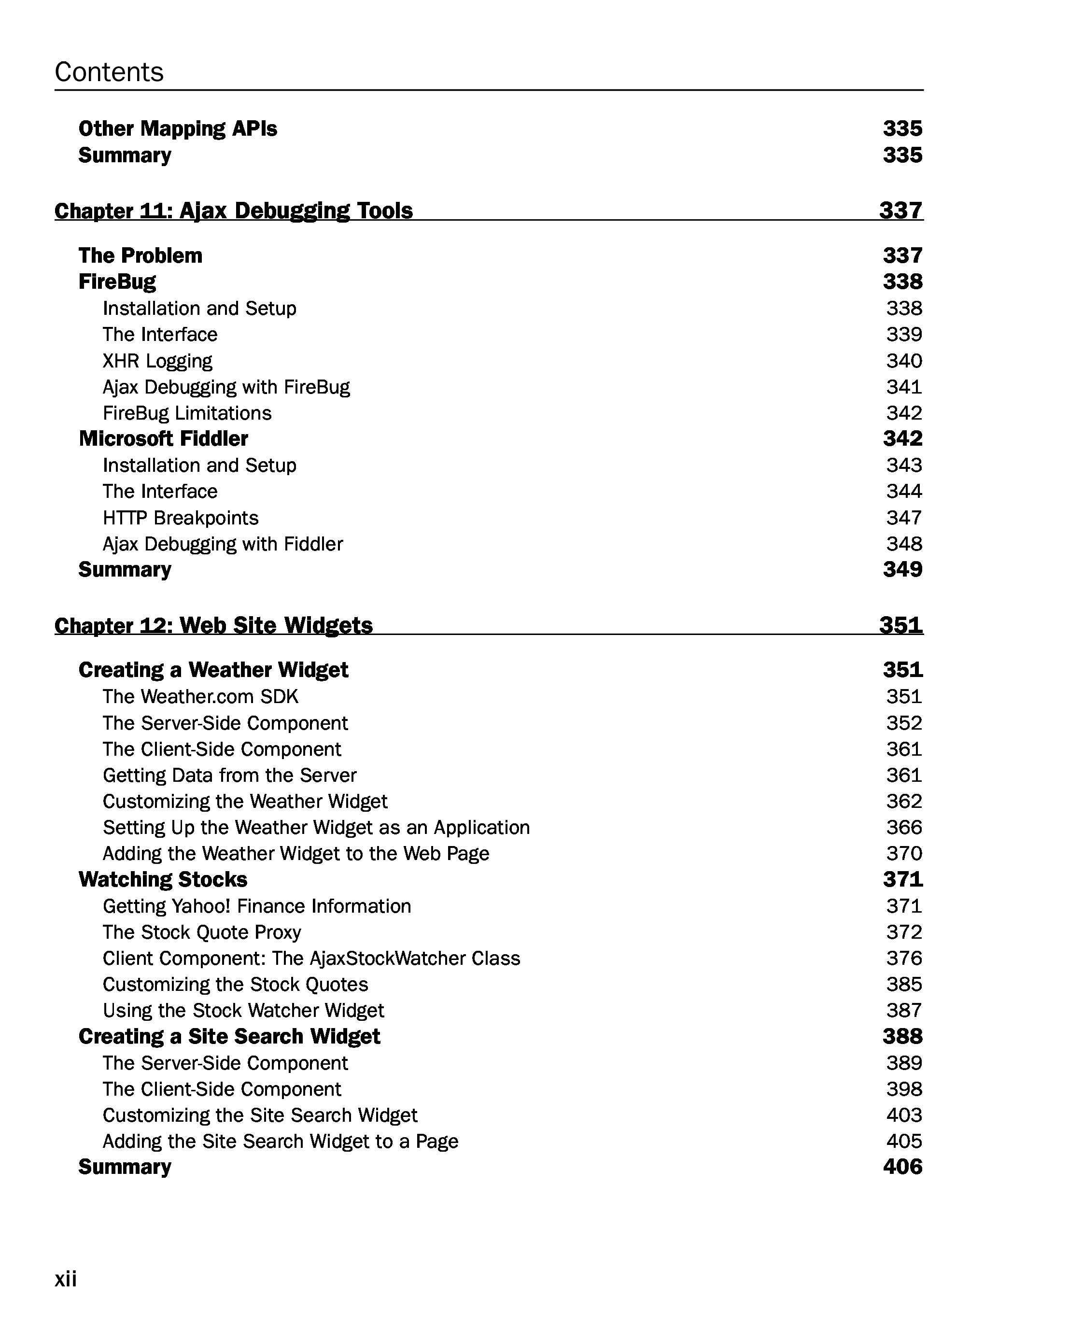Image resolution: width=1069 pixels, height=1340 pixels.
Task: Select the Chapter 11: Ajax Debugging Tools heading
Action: (x=233, y=211)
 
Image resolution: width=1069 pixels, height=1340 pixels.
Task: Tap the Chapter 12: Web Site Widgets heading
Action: (x=213, y=625)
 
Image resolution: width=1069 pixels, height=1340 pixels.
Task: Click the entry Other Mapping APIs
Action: (x=178, y=128)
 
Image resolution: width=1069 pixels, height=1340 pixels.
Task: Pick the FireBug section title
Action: (x=117, y=282)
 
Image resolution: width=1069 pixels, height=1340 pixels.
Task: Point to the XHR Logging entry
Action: (x=157, y=361)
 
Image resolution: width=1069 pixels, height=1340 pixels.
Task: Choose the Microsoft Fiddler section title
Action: (x=164, y=439)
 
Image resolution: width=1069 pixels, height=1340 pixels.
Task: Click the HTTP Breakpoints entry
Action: (x=180, y=518)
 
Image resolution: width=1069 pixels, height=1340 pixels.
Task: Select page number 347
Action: (x=904, y=518)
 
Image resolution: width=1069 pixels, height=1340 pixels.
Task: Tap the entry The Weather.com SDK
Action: (x=200, y=697)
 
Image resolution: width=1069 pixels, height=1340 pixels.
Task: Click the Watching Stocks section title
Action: (x=163, y=879)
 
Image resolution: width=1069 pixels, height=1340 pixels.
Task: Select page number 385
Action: (x=904, y=985)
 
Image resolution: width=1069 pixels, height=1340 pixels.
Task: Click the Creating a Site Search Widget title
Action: (x=229, y=1037)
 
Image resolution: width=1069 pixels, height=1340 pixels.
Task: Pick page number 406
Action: (x=902, y=1167)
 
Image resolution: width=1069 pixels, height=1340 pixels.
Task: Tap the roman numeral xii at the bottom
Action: (x=66, y=1279)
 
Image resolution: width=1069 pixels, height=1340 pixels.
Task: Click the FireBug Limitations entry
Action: (x=187, y=413)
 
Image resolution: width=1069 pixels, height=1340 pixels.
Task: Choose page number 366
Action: (x=904, y=827)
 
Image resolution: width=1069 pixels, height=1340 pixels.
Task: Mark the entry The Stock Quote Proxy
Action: (x=202, y=932)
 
